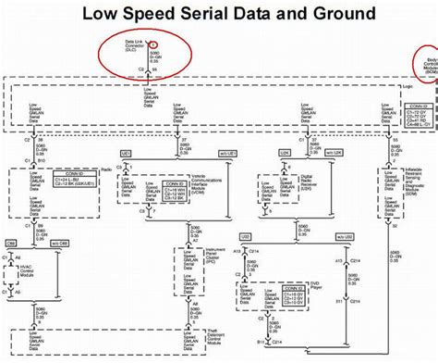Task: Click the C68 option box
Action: pyautogui.click(x=12, y=243)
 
